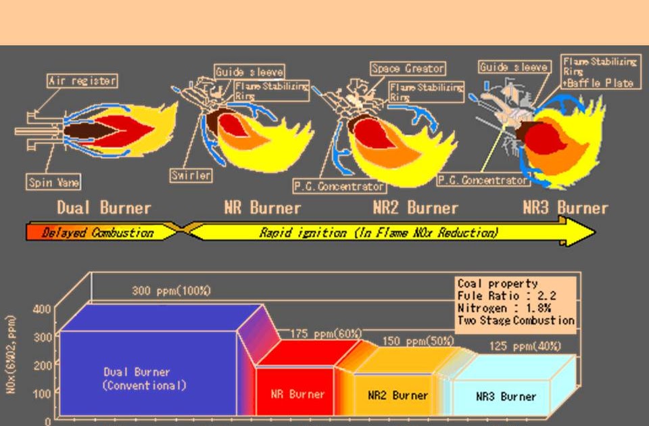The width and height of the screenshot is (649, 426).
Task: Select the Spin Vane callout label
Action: [53, 182]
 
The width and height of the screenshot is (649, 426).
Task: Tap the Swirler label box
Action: [191, 176]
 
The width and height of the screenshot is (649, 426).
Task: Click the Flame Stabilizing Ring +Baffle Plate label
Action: [600, 72]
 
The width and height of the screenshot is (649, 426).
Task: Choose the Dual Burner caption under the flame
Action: [103, 208]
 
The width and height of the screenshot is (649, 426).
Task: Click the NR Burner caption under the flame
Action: [262, 208]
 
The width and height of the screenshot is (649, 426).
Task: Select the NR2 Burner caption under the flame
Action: [415, 208]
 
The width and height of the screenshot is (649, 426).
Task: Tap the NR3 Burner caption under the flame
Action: [565, 208]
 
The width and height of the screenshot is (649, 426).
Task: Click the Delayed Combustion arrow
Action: [98, 233]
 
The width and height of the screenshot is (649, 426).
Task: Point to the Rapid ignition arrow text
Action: [379, 233]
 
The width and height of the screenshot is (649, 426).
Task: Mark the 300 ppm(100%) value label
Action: [171, 291]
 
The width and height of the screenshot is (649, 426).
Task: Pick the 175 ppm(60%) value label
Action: [326, 334]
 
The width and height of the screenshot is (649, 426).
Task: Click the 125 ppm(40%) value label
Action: [525, 346]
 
